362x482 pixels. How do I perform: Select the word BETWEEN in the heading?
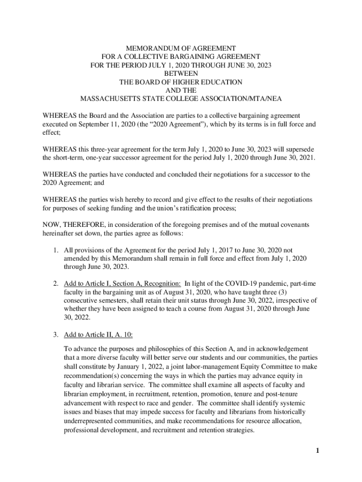pyautogui.click(x=181, y=73)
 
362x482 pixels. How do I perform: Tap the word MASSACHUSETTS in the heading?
pyautogui.click(x=107, y=99)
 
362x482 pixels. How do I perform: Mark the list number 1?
pyautogui.click(x=55, y=250)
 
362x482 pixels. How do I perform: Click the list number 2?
pyautogui.click(x=55, y=284)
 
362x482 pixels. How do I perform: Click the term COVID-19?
pyautogui.click(x=239, y=284)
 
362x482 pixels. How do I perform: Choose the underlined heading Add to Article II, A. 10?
pyautogui.click(x=98, y=334)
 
